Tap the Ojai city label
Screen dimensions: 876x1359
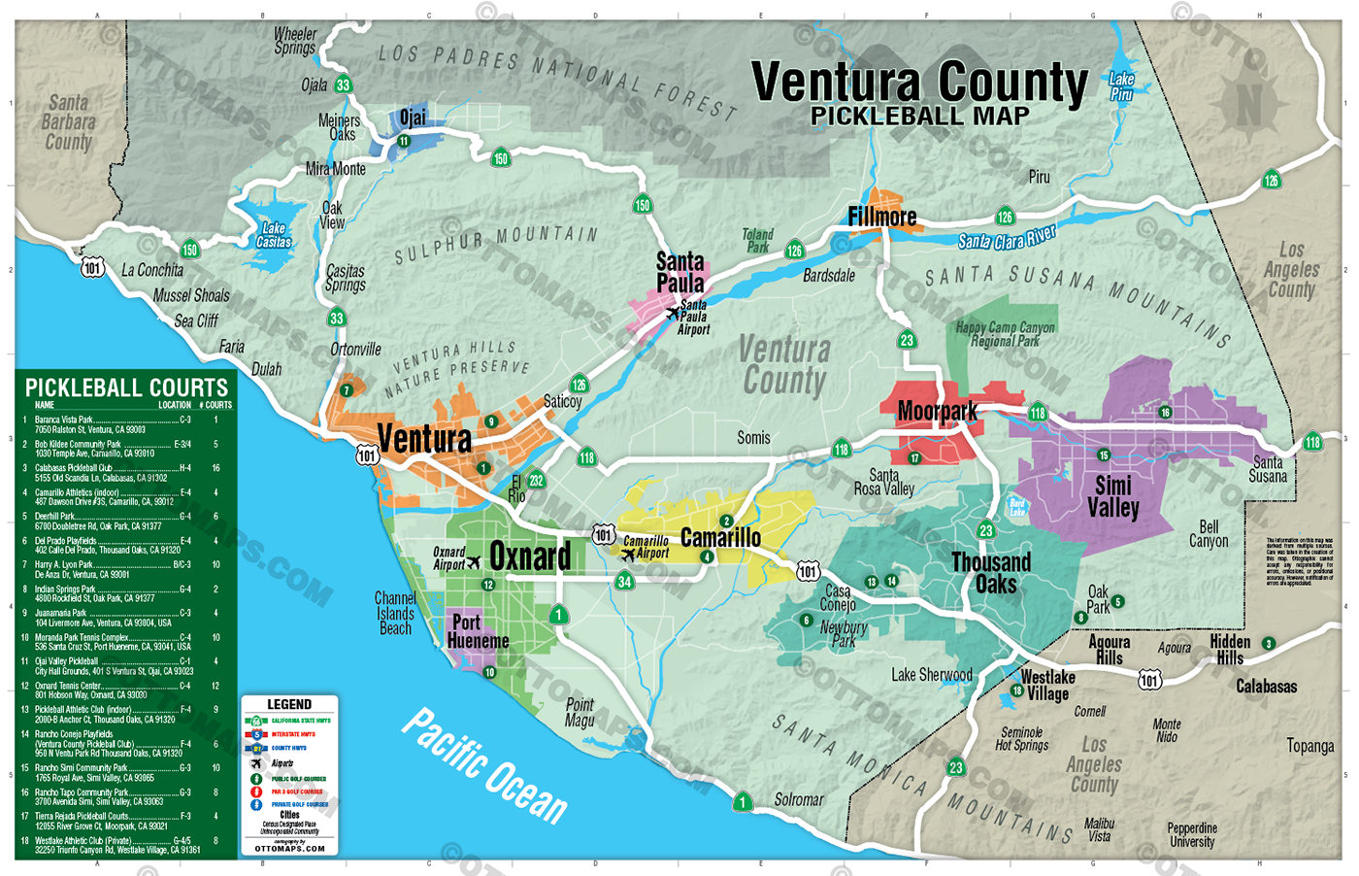[413, 118]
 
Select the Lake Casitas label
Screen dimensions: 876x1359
[274, 235]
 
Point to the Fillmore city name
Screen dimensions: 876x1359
[881, 217]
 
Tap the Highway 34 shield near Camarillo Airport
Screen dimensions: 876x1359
[624, 582]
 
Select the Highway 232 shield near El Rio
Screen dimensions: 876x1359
[536, 480]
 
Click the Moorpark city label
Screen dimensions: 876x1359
[937, 412]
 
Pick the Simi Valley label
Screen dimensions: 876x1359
[1112, 496]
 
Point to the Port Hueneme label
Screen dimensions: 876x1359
[478, 631]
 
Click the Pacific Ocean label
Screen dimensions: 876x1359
[484, 765]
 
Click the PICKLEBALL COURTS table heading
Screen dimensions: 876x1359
[126, 387]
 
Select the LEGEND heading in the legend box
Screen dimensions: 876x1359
[289, 704]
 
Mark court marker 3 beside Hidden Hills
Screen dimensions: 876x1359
[1268, 643]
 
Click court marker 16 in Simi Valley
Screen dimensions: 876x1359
[1165, 412]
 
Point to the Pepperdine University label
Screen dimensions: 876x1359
[1191, 835]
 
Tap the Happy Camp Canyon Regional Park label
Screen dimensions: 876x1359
[1005, 334]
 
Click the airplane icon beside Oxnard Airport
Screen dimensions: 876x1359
[474, 562]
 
